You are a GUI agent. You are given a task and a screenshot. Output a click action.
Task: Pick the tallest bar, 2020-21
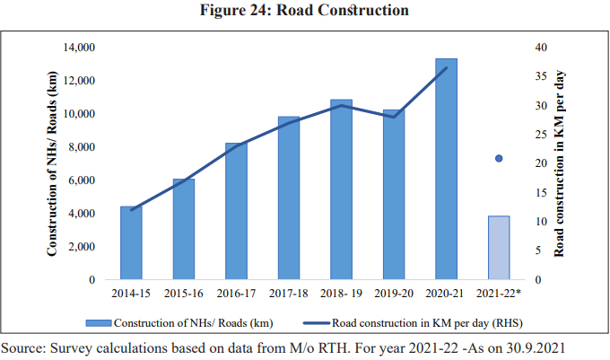click(x=446, y=170)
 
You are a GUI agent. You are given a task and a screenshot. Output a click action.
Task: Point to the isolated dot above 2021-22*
click(x=499, y=159)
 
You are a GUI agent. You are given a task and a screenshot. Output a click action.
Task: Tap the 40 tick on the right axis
click(x=537, y=48)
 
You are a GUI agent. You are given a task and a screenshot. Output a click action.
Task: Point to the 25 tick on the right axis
click(x=537, y=135)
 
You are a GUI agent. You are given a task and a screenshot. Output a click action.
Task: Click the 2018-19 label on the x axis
click(x=341, y=294)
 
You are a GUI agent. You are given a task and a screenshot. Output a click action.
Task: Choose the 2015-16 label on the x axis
click(x=183, y=294)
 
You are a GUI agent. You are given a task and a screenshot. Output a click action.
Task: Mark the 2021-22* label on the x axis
click(x=501, y=294)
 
